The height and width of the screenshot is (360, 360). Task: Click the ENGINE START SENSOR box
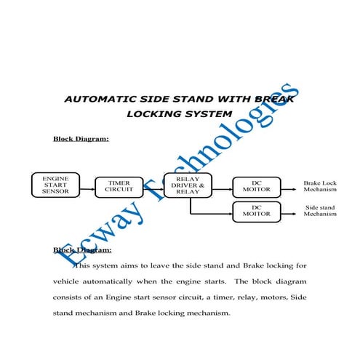[55, 185]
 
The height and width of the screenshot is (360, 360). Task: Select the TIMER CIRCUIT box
[119, 186]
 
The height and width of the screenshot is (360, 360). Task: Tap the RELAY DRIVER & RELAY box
[188, 185]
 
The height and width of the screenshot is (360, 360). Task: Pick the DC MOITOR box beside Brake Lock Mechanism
[256, 186]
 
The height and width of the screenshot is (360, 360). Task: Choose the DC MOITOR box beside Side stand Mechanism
[256, 211]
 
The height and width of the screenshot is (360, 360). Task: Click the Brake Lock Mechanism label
[321, 186]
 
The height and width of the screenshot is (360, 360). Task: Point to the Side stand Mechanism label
[321, 211]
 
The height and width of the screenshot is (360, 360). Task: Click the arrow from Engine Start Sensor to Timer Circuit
[87, 186]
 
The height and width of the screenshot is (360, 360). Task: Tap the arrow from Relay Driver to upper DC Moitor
[222, 186]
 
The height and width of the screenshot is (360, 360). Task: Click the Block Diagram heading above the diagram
[81, 137]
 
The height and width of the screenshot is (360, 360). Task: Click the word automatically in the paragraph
[125, 281]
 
